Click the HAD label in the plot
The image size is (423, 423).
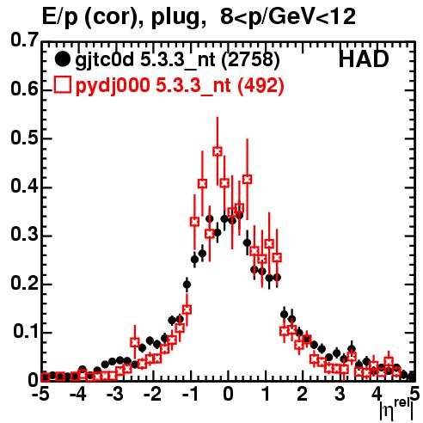pyautogui.click(x=364, y=59)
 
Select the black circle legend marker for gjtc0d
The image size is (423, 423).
pyautogui.click(x=62, y=59)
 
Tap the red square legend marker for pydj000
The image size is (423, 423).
pyautogui.click(x=62, y=84)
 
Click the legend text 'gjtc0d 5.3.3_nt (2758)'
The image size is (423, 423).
pyautogui.click(x=177, y=60)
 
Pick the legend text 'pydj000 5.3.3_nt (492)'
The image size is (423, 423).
pyautogui.click(x=180, y=85)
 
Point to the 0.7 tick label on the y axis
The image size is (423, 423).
pyautogui.click(x=24, y=40)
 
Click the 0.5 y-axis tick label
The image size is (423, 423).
pyautogui.click(x=24, y=138)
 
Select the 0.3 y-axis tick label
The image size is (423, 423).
pyautogui.click(x=24, y=235)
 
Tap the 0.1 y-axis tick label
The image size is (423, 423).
pyautogui.click(x=25, y=332)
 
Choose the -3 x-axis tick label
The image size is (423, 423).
pyautogui.click(x=115, y=394)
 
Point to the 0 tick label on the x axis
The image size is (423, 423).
pyautogui.click(x=228, y=394)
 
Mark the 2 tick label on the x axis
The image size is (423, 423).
pyautogui.click(x=303, y=394)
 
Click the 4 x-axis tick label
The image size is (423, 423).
pyautogui.click(x=377, y=394)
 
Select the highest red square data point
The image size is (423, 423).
pyautogui.click(x=218, y=151)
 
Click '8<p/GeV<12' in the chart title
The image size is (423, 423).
pyautogui.click(x=288, y=16)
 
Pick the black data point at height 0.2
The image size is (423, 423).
pyautogui.click(x=187, y=285)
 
